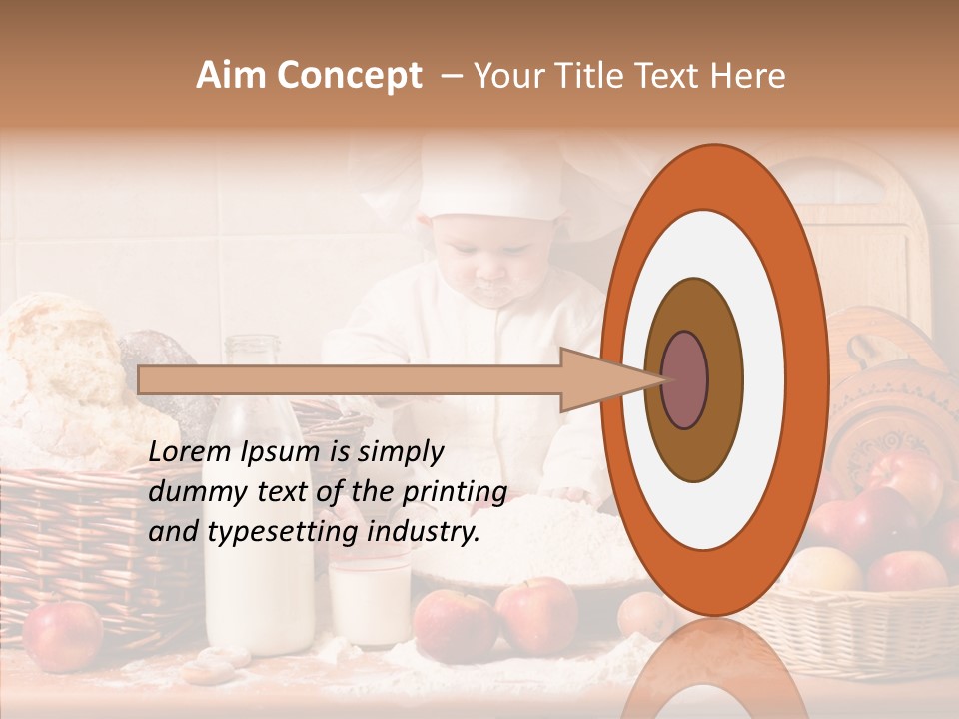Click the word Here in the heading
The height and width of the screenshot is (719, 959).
746,76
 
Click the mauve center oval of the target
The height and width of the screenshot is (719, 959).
685,379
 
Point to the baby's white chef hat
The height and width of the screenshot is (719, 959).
489,180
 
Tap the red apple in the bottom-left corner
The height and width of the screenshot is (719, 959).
62,634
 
